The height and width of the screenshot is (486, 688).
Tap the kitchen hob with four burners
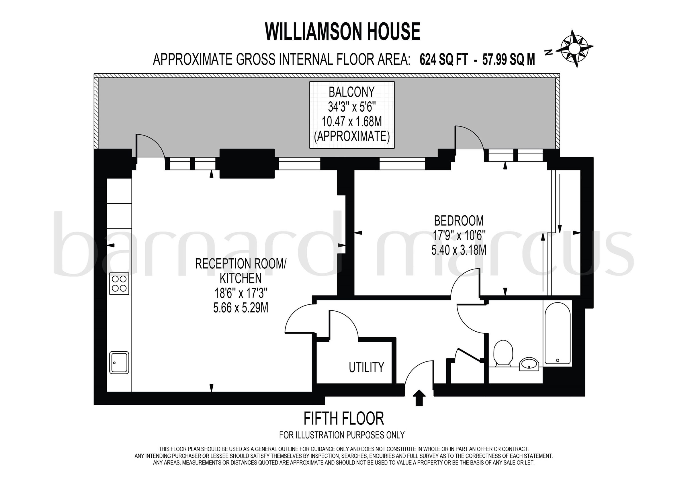[119, 284]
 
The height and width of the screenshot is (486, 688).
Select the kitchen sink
[119, 363]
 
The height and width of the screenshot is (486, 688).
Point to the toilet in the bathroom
[503, 353]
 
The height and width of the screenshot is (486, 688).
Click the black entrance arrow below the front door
[419, 398]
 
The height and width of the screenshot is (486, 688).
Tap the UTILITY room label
[366, 367]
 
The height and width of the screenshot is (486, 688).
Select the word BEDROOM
[459, 221]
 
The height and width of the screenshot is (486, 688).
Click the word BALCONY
[351, 92]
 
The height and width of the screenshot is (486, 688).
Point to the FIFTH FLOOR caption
[344, 419]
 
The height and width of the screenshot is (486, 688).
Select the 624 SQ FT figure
[443, 60]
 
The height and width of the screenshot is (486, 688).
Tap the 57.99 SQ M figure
[508, 60]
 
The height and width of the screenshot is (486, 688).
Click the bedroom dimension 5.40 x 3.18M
[459, 250]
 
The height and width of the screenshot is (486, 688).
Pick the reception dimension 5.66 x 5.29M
[241, 308]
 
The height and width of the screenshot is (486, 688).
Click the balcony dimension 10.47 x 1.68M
[351, 122]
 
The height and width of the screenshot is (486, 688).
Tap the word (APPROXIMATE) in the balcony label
[351, 137]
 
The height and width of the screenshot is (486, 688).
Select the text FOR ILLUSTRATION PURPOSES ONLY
[342, 435]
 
